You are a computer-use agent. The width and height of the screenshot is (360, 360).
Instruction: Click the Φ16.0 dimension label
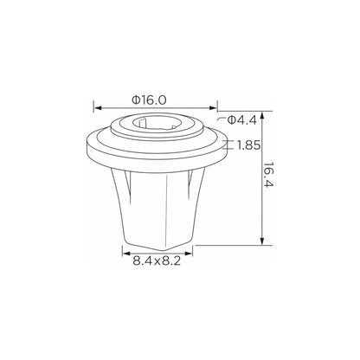coord(149,100)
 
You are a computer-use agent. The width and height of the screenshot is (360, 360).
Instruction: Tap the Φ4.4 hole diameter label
coord(241,120)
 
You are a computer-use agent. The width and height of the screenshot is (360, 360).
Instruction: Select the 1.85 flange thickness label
coord(248,145)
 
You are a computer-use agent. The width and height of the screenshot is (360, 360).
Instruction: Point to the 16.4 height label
coord(268,175)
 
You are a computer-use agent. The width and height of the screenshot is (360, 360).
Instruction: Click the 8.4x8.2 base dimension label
coord(157,261)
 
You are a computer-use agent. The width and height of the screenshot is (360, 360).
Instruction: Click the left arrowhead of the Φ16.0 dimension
coord(98,108)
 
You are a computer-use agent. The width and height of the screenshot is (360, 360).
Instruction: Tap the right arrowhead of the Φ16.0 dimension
coord(213,108)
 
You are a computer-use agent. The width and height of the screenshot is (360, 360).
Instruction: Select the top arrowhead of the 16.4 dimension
coord(261,116)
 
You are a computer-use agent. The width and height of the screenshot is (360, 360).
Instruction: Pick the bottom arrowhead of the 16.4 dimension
coord(261,241)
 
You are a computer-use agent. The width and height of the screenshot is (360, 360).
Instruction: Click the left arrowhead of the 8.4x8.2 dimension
coord(126,254)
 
